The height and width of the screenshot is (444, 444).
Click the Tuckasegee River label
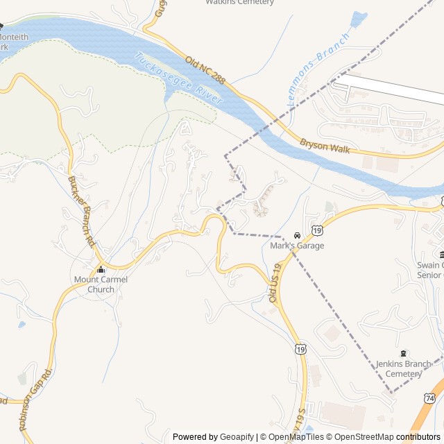click(x=179, y=79)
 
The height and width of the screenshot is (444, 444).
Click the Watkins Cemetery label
click(x=240, y=2)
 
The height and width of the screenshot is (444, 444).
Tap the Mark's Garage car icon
click(x=297, y=235)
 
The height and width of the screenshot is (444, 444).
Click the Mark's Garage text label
click(x=297, y=246)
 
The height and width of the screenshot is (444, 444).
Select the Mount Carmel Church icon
click(x=101, y=269)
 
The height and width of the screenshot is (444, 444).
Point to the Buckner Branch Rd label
click(x=80, y=212)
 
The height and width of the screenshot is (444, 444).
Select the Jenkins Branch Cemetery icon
click(x=404, y=354)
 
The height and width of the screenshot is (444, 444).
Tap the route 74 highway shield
click(x=431, y=398)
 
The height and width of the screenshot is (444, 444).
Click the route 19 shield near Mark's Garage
click(x=317, y=230)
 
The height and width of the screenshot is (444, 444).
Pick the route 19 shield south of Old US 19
click(x=300, y=350)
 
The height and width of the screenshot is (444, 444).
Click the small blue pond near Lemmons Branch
click(x=359, y=19)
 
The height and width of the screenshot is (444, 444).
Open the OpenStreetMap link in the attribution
click(x=360, y=437)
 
